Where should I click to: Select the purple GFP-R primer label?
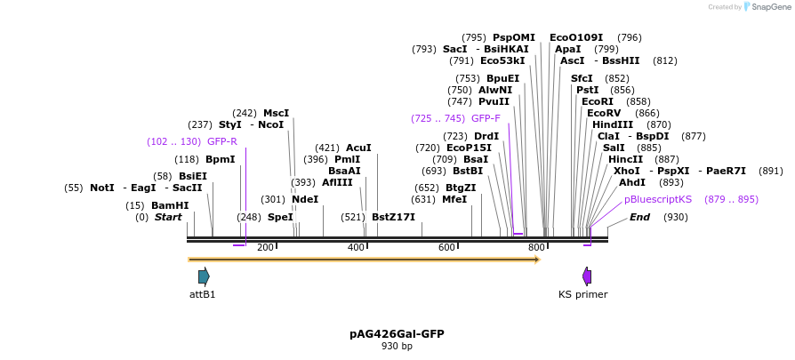[221, 141]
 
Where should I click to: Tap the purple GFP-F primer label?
[486, 118]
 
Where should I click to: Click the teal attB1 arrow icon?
[204, 276]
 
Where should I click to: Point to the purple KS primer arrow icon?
[586, 276]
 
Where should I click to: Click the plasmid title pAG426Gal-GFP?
[397, 334]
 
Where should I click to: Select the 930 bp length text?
[397, 347]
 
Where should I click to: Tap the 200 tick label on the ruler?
[265, 247]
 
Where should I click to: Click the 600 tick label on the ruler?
[446, 247]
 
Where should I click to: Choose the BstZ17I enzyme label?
[393, 217]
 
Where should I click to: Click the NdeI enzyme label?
[305, 199]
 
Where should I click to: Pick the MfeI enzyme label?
[454, 199]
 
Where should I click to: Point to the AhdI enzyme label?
[632, 182]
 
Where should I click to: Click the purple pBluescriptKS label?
[658, 199]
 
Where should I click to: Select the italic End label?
[640, 217]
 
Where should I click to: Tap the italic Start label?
[168, 217]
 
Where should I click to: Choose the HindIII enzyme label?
[613, 124]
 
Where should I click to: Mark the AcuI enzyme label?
[358, 148]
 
